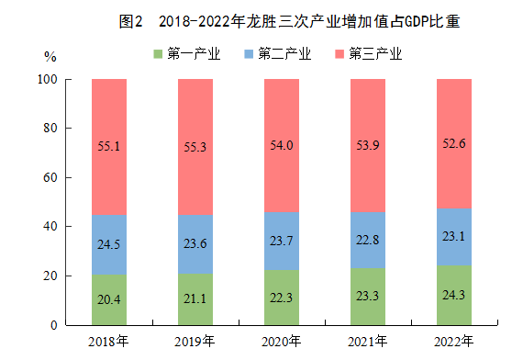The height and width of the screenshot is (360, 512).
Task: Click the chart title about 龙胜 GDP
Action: pos(289,22)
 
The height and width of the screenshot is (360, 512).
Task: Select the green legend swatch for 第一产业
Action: pos(158,54)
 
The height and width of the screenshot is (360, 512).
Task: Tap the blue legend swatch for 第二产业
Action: pos(249,54)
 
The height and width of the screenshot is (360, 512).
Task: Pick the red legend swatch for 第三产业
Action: pos(339,54)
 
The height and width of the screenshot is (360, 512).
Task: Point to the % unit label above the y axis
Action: pos(50,57)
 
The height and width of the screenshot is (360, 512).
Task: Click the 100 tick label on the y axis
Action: pos(48,79)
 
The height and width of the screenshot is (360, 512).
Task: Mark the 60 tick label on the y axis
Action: pos(50,177)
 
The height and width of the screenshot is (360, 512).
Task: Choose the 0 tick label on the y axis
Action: pos(54,325)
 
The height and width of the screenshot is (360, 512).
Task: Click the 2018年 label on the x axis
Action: pos(108,342)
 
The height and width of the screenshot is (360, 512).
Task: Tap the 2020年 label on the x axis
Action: pos(281,342)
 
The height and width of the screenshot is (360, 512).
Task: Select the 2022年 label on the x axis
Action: pos(453,342)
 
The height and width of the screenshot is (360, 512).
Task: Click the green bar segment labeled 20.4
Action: pos(109,299)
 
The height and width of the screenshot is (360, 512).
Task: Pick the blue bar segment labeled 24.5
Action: pos(109,244)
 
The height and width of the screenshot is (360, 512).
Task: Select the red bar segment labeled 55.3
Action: pos(195,147)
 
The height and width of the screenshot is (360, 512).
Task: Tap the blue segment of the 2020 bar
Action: pos(282,242)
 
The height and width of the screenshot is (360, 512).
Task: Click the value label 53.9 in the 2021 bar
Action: pos(368,145)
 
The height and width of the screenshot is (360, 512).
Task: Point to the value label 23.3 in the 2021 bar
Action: pos(368,296)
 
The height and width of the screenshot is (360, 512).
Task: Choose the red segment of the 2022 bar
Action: pos(454,144)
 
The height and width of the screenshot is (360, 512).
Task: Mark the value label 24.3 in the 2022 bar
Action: pos(454,295)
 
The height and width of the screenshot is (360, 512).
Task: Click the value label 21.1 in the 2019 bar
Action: pos(195,298)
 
